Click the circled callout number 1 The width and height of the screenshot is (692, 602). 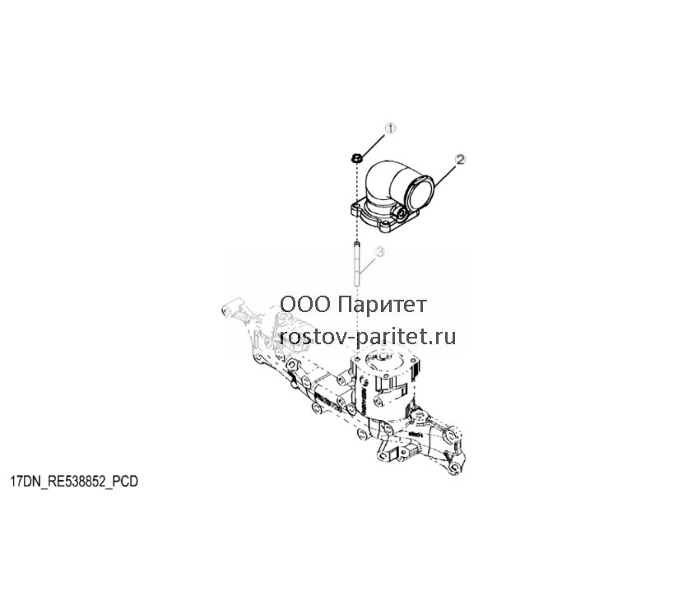(x=390, y=128)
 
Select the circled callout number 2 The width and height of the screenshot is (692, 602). (x=460, y=160)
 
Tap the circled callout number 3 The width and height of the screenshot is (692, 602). (x=379, y=252)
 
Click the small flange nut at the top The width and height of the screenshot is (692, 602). (x=356, y=157)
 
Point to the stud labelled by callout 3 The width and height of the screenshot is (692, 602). (x=356, y=264)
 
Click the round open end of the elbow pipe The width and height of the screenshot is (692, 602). (x=420, y=192)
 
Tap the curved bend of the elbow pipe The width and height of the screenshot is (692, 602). (x=383, y=178)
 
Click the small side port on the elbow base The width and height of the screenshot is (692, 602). (x=402, y=213)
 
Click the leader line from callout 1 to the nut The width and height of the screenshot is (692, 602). (x=374, y=142)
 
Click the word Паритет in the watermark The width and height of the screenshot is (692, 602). (x=383, y=305)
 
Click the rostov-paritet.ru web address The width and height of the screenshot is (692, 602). (x=368, y=337)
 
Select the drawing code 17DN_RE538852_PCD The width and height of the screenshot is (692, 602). (x=74, y=482)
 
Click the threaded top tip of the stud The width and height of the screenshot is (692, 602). (x=356, y=243)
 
